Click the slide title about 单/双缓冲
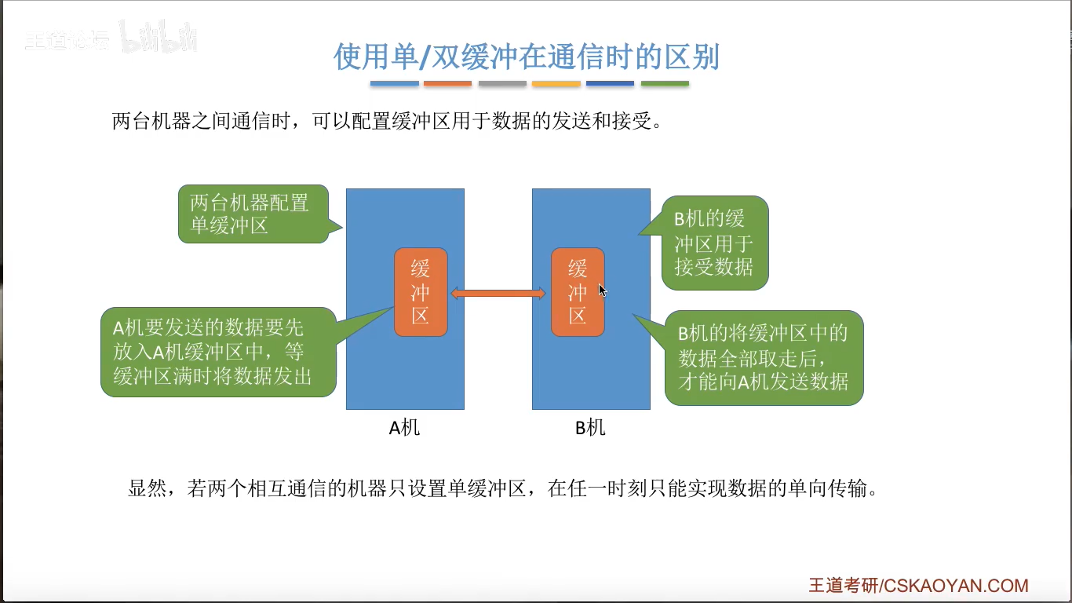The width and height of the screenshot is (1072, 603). [527, 57]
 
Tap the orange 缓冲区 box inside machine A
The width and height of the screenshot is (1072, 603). [421, 292]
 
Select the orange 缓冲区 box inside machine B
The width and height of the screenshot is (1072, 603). [578, 292]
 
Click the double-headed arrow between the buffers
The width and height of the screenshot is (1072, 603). [498, 294]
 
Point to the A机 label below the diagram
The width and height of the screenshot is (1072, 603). [405, 428]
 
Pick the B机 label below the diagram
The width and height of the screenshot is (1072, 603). [590, 428]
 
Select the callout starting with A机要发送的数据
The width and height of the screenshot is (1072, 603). [218, 352]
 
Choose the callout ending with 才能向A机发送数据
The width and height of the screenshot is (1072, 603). [764, 358]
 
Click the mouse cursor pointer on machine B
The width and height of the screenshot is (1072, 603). [602, 291]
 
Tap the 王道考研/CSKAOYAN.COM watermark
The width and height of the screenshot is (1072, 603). [918, 586]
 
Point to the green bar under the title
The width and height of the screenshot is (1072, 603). [665, 83]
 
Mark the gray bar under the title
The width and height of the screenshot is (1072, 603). [502, 83]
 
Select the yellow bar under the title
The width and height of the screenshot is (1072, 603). [556, 83]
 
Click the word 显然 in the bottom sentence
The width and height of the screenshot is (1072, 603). [147, 488]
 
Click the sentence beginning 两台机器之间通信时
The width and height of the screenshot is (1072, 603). [388, 122]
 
